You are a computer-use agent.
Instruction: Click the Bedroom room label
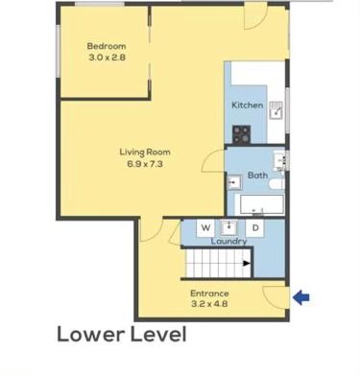coord(107,46)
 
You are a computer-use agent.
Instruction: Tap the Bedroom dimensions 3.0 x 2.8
coord(107,58)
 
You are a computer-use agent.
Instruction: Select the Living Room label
coord(145,152)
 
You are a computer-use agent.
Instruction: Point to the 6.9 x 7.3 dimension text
coord(145,164)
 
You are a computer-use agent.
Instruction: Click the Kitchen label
coord(248,105)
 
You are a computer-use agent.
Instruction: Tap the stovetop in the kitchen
coord(241,134)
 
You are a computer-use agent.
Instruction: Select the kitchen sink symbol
coord(276,110)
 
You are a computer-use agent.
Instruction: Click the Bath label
coord(257,176)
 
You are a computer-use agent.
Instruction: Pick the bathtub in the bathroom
coord(259,205)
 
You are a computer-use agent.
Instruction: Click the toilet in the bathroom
coord(276,184)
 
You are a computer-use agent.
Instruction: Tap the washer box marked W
coord(205,228)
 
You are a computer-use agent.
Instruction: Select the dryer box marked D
coord(255,228)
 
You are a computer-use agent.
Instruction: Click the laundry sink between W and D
coord(228,227)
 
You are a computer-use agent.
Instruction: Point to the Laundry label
coord(228,242)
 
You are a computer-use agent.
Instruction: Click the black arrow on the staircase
coord(247,264)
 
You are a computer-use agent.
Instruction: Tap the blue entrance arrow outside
coord(301,297)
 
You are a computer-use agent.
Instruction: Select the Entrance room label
coord(209,293)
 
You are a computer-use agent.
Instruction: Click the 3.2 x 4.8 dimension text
coord(209,304)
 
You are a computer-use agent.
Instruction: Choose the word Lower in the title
coord(91,335)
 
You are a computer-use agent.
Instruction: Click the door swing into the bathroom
coord(212,161)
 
